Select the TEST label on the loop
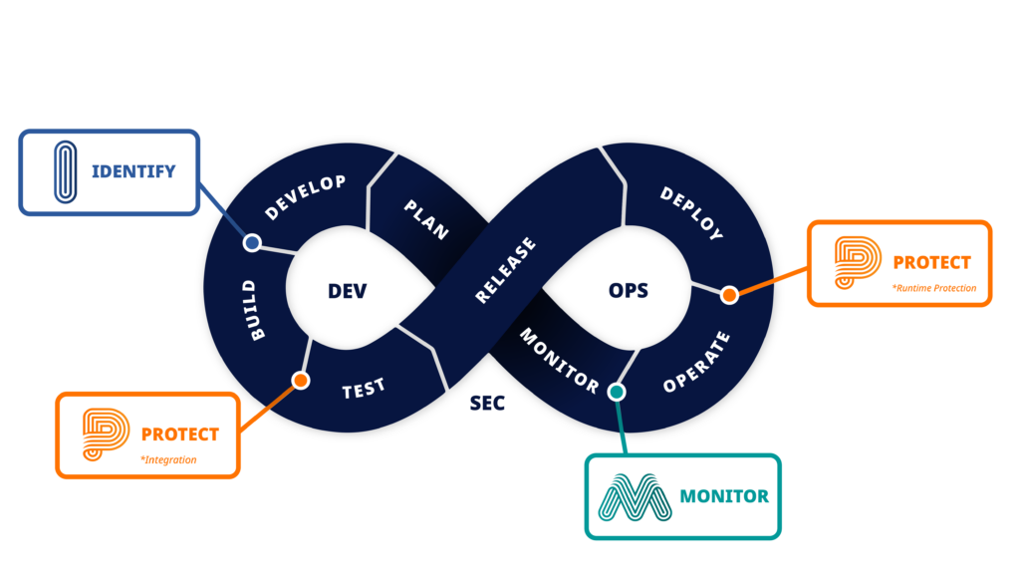pyautogui.click(x=364, y=389)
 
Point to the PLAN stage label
pyautogui.click(x=426, y=219)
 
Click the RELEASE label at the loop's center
pyautogui.click(x=505, y=270)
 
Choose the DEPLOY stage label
pyautogui.click(x=691, y=213)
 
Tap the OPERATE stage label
pyautogui.click(x=696, y=361)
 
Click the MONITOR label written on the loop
pyautogui.click(x=559, y=360)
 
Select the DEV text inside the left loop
pyautogui.click(x=347, y=291)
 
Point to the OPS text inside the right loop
pyautogui.click(x=628, y=290)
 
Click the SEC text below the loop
pyautogui.click(x=487, y=403)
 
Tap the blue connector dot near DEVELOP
pyautogui.click(x=252, y=242)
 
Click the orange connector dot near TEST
pyautogui.click(x=300, y=380)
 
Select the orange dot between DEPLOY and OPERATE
pyautogui.click(x=729, y=294)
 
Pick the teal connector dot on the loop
pyautogui.click(x=617, y=392)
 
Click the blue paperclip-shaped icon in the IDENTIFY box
pyautogui.click(x=65, y=171)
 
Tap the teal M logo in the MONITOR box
pyautogui.click(x=635, y=496)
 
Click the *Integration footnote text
pyautogui.click(x=168, y=459)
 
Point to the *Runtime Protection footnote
pyautogui.click(x=934, y=288)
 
